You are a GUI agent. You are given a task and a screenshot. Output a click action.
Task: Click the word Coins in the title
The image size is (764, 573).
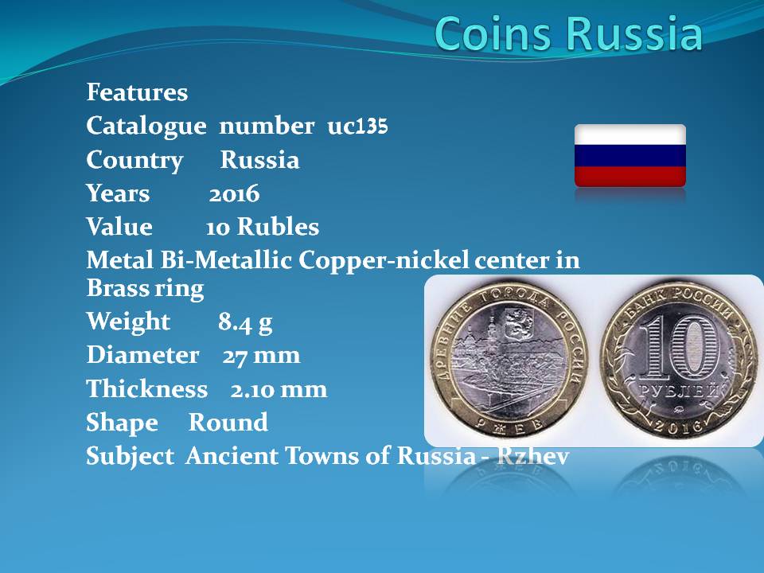coord(494,33)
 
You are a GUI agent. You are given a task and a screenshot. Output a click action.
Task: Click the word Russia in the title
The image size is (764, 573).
coord(634,33)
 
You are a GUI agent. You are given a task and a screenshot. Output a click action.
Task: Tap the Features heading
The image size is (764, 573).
coord(137,92)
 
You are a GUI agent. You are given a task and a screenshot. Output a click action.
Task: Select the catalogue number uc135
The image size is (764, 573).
coord(357,127)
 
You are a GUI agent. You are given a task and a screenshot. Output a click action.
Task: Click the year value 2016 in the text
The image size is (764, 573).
coord(234,194)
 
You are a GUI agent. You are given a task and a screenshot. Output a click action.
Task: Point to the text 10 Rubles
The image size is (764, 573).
coord(262,227)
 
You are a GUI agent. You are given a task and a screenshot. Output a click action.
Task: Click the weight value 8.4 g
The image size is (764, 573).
coord(245,322)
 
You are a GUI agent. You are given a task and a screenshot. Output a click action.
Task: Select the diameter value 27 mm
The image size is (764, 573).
coord(261,356)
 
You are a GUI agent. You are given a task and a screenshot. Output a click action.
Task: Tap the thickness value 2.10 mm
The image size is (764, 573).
coord(279,390)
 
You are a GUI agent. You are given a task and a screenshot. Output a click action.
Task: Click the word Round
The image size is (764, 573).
coord(228,423)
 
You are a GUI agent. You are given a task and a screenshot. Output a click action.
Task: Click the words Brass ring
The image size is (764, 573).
coord(145,288)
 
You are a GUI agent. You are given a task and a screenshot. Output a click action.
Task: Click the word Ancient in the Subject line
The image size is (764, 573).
coord(232,456)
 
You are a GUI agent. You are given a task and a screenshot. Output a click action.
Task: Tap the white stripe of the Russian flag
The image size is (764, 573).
coord(630,134)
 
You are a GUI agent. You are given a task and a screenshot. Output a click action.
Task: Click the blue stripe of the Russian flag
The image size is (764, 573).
coord(630,155)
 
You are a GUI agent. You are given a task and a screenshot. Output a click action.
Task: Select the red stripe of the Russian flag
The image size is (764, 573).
coord(630,176)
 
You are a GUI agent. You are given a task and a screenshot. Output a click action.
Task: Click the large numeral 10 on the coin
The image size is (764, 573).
coord(680,348)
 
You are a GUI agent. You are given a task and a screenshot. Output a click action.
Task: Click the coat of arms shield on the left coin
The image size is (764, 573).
coord(513,324)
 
